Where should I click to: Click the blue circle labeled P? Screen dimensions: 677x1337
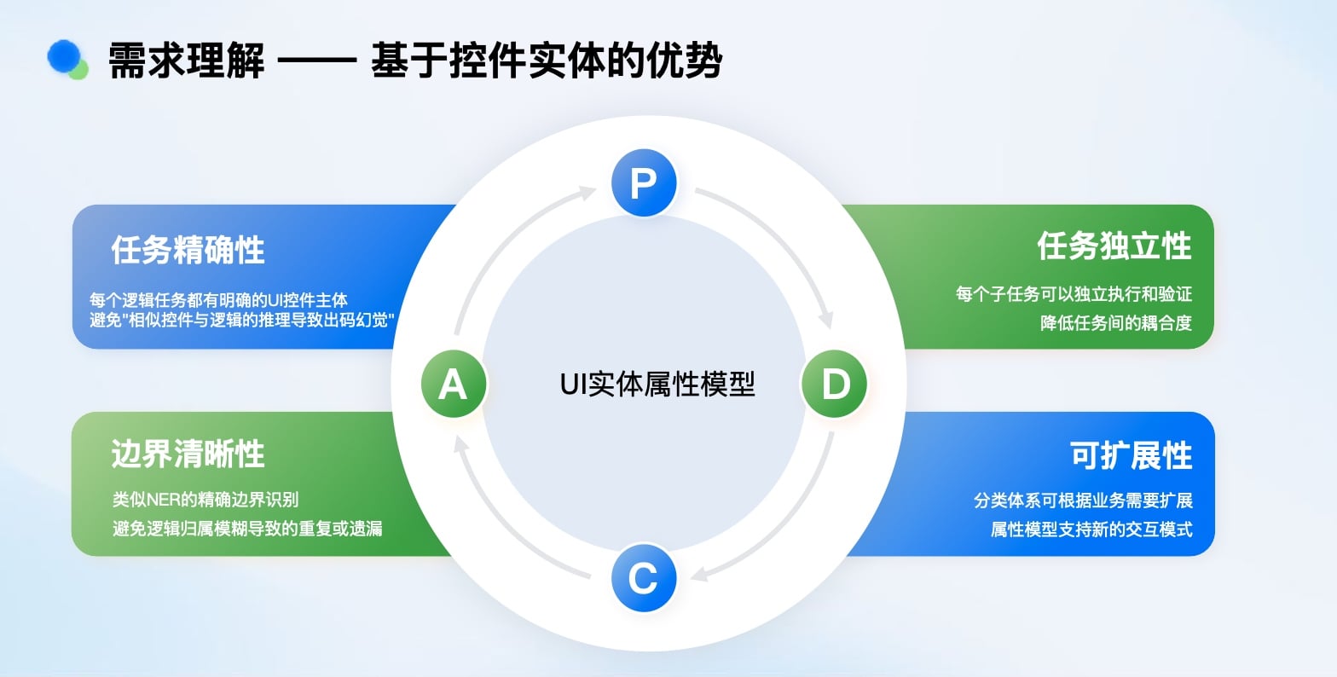[x=644, y=183]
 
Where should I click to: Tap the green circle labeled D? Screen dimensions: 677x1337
[x=835, y=385]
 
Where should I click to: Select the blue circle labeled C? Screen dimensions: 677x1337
[x=644, y=578]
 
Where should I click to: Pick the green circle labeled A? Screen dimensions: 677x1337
[x=453, y=385]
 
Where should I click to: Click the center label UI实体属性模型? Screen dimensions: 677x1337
[x=657, y=385]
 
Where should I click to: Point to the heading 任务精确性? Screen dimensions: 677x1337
[x=188, y=250]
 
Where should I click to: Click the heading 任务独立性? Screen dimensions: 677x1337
[x=1114, y=246]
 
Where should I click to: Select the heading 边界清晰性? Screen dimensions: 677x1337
[x=188, y=454]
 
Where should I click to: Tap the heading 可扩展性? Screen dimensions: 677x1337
[x=1131, y=455]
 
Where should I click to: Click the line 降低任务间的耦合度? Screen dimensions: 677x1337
[x=1115, y=323]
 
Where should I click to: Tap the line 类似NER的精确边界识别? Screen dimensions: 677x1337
[x=205, y=500]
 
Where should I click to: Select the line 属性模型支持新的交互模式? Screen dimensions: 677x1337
[x=1091, y=529]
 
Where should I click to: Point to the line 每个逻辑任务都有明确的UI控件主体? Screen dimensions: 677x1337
[x=218, y=300]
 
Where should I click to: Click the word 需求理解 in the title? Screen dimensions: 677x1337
[x=186, y=61]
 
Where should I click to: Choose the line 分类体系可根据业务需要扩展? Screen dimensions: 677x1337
[x=1083, y=501]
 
